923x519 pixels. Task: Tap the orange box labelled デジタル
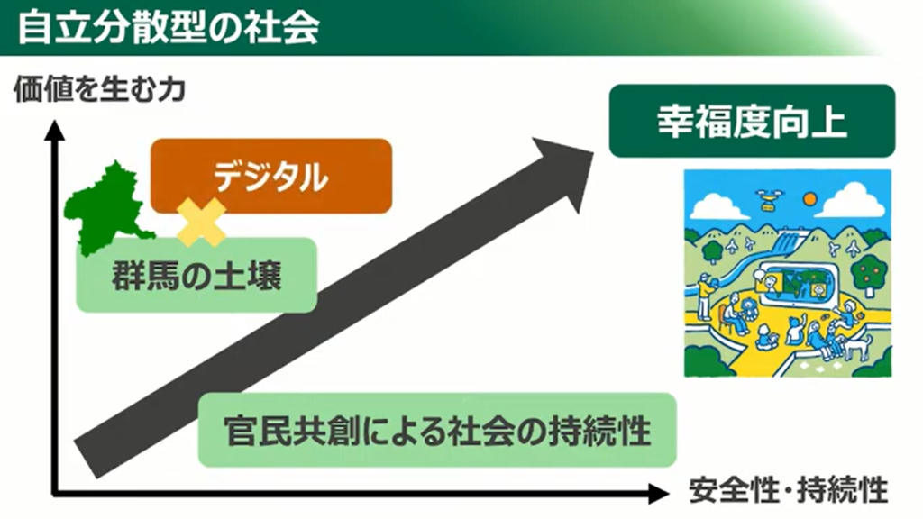click(270, 177)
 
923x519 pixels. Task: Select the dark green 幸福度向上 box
click(752, 122)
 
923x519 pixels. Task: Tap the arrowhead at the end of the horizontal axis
click(657, 494)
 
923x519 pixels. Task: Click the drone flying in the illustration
click(769, 197)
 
